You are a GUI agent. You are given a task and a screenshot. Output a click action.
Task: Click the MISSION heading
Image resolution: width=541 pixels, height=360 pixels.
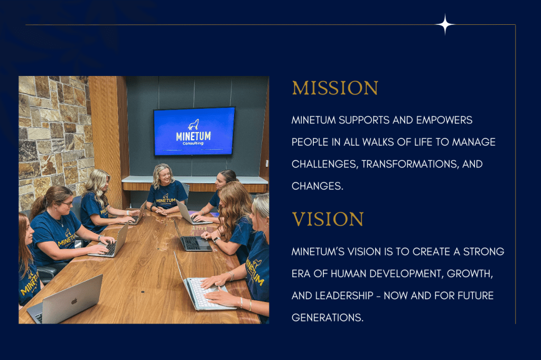coord(335,88)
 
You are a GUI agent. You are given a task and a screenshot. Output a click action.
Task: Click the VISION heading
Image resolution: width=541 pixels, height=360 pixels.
coord(328,219)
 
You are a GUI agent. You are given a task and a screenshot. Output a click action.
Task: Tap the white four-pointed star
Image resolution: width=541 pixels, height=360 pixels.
coord(445,24)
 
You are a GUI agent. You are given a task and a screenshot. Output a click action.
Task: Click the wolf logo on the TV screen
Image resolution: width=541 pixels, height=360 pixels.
coord(193,125)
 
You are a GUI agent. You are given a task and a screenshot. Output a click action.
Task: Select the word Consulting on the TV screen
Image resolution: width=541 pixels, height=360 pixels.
coord(193,143)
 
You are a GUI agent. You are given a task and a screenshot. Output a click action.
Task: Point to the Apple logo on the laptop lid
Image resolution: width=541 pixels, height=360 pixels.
coord(74,301)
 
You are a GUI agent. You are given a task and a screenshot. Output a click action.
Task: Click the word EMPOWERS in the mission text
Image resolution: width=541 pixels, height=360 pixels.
coord(444,120)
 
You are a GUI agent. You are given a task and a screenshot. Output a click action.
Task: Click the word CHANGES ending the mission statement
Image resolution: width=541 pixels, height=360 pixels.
coord(318,186)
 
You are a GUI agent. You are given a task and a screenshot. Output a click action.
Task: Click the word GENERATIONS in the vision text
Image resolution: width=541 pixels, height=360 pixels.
coord(328,318)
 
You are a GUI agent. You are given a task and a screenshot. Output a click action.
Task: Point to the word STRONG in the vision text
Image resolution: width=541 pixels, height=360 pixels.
coord(483,252)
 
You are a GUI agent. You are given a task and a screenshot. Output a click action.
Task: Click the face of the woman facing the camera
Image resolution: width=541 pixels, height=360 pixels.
coord(165,176)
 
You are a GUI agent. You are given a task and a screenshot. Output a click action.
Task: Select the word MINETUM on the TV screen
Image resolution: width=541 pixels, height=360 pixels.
coord(193,136)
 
